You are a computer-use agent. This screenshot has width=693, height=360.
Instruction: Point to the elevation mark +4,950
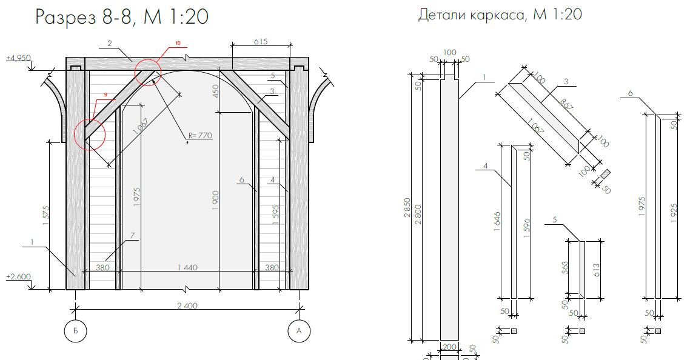coord(18,58)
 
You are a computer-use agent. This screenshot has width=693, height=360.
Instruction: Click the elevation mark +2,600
coord(18,277)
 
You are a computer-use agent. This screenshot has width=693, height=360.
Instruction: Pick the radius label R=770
coord(200,135)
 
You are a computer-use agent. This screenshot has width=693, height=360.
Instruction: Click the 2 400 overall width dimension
coord(187,305)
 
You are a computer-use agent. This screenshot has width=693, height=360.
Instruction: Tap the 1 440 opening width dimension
coord(187,267)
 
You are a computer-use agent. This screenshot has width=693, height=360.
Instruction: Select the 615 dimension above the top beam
coord(261,42)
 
